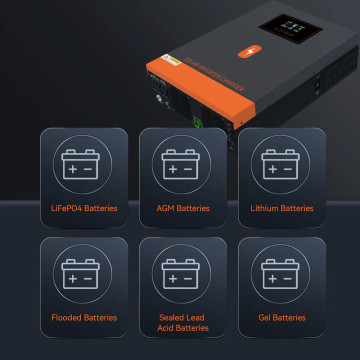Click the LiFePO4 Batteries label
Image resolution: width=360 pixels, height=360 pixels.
[x=85, y=208]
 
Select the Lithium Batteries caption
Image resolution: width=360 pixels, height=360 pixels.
[x=281, y=208]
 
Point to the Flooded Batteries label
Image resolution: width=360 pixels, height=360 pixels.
[x=85, y=317]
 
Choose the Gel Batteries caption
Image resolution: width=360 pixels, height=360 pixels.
[x=281, y=317]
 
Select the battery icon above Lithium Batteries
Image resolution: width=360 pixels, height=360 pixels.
[x=281, y=164]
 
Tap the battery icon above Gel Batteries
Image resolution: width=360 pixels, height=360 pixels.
[x=281, y=273]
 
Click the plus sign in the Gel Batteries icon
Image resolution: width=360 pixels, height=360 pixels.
[x=271, y=276]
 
